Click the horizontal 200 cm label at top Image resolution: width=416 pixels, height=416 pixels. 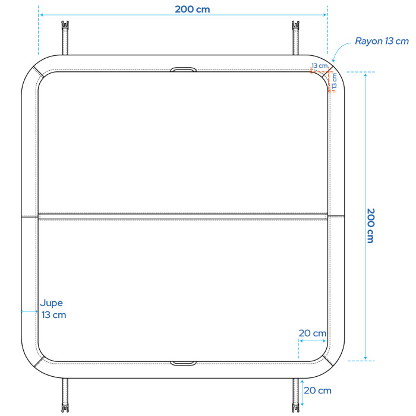point(193,10)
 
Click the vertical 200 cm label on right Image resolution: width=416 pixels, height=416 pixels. point(370,225)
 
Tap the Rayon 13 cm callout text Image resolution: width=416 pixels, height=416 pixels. point(382,41)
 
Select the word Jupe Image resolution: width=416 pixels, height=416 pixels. point(52,303)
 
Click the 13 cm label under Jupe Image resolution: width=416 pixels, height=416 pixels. point(54,315)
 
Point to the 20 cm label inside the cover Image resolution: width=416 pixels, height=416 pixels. point(313,333)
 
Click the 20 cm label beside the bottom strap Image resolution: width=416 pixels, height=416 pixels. point(317,390)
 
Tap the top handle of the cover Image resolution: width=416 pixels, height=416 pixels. point(183,70)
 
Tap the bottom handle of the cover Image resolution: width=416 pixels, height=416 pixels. point(183,363)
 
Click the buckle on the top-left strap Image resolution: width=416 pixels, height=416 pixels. point(65,26)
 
